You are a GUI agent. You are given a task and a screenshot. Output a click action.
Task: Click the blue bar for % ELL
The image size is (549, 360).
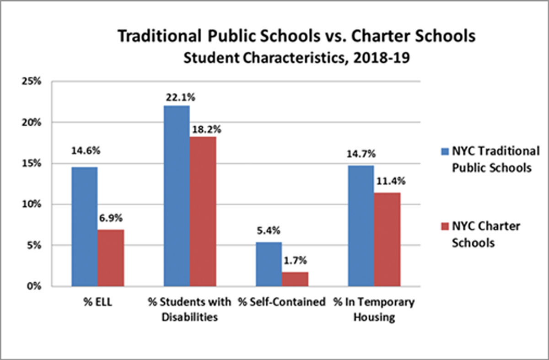[84, 226]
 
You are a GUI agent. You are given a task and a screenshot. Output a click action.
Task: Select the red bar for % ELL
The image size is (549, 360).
[110, 258]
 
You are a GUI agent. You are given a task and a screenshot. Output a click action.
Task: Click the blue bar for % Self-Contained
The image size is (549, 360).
[269, 264]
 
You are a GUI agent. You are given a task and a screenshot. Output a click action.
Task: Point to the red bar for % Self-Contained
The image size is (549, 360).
[295, 279]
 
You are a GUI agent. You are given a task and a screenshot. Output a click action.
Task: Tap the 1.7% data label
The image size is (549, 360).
[295, 261]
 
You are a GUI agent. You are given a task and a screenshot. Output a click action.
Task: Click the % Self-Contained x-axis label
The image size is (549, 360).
[281, 302]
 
